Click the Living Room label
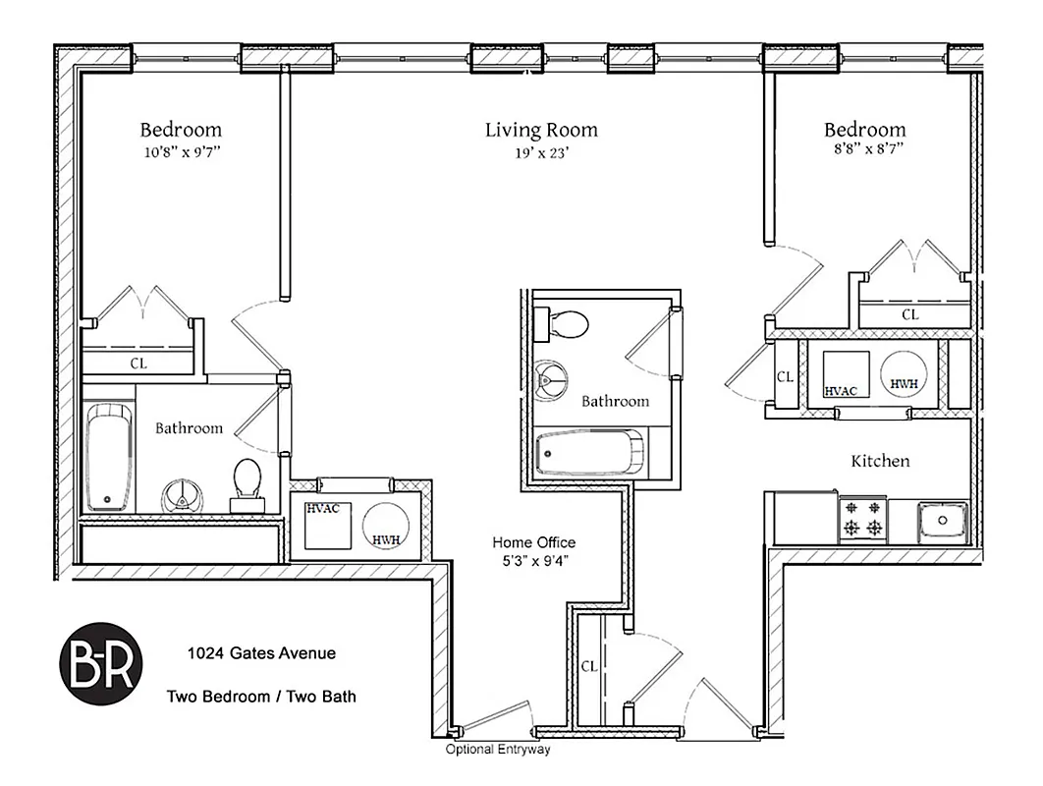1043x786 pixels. point(540,130)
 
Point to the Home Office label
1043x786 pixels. point(534,542)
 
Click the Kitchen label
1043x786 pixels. point(879,461)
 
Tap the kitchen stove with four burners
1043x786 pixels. point(862,520)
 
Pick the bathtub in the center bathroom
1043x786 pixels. point(590,454)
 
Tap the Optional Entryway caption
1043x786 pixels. point(498,750)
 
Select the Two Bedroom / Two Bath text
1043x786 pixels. point(261,697)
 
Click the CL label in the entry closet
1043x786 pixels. point(588,666)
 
